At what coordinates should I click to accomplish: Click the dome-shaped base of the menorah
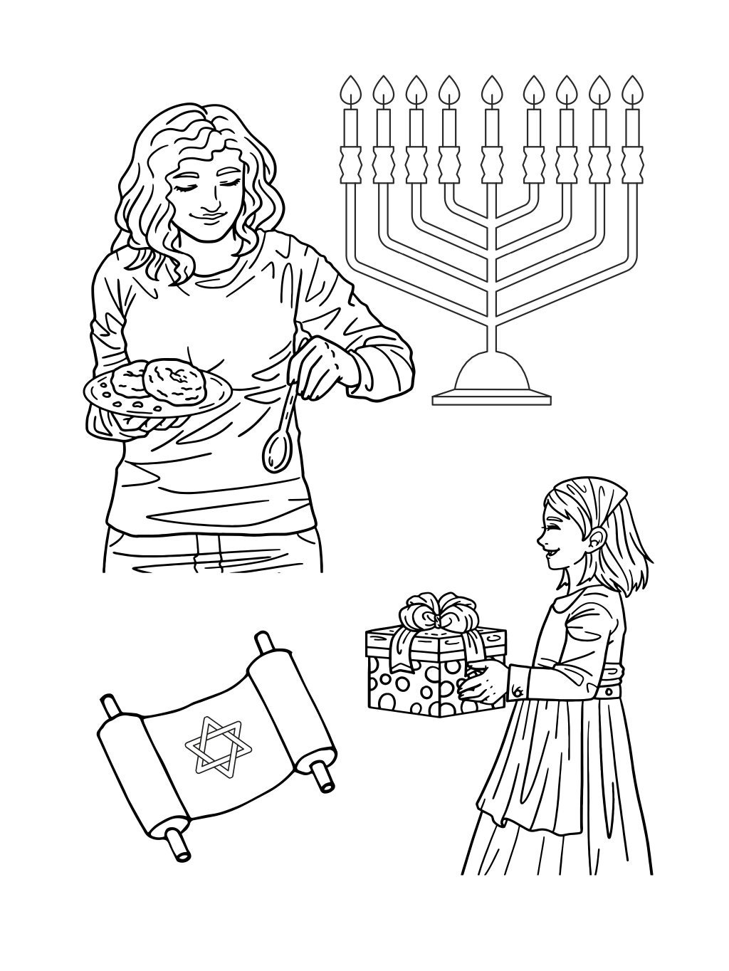click(491, 374)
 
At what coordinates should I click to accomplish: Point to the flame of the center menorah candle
click(491, 91)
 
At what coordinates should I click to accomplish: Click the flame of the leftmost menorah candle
click(350, 91)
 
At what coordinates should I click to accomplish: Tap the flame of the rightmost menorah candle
click(631, 91)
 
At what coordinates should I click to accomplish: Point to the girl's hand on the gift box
click(481, 683)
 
